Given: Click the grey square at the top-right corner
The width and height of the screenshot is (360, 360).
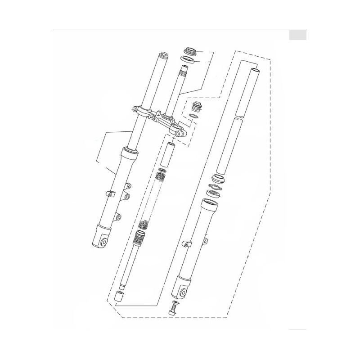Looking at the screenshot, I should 297,35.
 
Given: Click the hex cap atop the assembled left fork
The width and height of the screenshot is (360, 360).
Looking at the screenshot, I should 162,56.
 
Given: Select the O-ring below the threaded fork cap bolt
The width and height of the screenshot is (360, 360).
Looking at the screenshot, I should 193,117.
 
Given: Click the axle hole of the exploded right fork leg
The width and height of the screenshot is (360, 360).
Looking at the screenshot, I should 183,293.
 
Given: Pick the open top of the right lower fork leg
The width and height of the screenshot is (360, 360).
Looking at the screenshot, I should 209,207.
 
